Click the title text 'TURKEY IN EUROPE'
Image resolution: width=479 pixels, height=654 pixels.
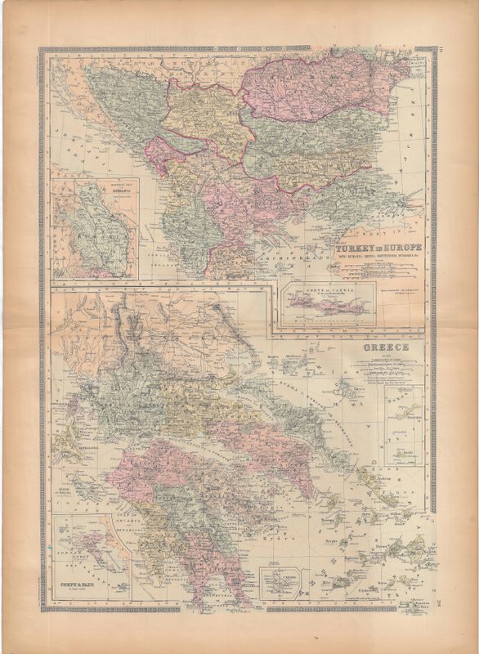[375, 247]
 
